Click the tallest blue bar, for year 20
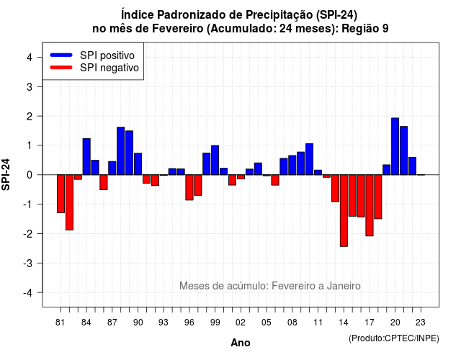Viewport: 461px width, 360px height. (395, 146)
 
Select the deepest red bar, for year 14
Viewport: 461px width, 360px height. (344, 210)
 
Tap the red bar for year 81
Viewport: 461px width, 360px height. (61, 194)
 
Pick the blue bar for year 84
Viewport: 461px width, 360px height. (86, 157)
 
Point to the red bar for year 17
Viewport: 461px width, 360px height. (370, 205)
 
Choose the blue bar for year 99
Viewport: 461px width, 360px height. (215, 160)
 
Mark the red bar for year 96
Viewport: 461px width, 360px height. (189, 187)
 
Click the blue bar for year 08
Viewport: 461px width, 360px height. (292, 165)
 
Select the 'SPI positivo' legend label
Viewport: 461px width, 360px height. (107, 55)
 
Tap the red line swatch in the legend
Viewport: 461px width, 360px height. (61, 67)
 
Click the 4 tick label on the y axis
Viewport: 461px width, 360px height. (30, 58)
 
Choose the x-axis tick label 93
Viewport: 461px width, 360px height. (164, 323)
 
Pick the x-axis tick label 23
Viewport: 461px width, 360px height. (421, 323)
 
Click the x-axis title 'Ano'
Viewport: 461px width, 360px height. (241, 343)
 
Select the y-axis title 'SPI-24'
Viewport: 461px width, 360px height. (6, 174)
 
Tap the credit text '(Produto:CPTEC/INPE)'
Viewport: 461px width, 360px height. (394, 338)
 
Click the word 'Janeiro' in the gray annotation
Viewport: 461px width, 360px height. (344, 286)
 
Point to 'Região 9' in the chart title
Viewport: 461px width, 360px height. (365, 29)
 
